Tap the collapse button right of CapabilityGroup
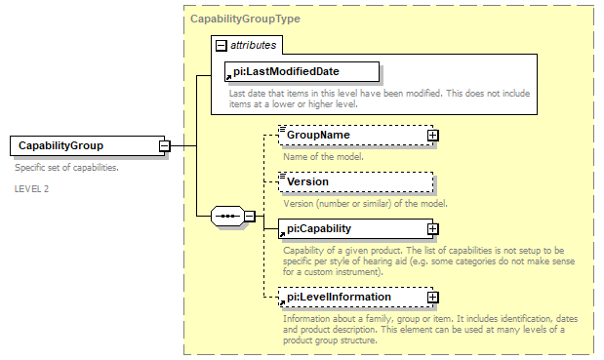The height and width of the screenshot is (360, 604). coord(165,146)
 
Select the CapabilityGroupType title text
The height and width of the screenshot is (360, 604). coord(245,19)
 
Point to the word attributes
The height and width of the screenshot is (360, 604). coord(253,45)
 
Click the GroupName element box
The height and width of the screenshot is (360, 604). coord(352,135)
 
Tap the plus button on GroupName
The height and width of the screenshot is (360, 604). coord(432,135)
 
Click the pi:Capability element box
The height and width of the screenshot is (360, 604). coord(352,228)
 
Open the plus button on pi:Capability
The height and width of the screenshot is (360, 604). coord(432,228)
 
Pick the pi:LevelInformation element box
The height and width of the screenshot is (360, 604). coord(352,297)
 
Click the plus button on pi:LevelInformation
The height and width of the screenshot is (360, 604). coord(432,297)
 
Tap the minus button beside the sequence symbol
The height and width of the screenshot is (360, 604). coord(250,216)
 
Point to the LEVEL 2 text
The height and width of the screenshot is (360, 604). coord(31,188)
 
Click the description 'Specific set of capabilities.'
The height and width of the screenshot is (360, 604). coord(66,168)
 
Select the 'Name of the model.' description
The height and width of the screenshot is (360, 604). coord(323,156)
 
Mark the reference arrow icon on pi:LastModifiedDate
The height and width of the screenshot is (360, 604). coord(228,76)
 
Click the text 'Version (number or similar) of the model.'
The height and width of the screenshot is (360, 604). coord(364,203)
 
